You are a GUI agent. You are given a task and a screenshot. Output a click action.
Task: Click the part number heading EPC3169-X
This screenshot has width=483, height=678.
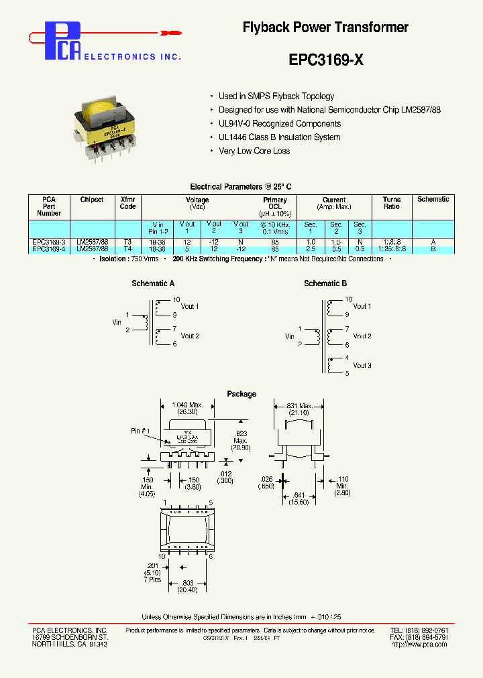(326, 60)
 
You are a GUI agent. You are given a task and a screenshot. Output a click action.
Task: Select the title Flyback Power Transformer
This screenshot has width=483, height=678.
(325, 27)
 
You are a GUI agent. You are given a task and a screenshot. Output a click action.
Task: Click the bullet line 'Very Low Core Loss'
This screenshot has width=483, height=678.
(254, 151)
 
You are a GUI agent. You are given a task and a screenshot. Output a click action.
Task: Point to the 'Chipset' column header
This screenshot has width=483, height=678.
(91, 200)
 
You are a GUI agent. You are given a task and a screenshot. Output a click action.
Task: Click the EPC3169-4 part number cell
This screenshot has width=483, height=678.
(49, 249)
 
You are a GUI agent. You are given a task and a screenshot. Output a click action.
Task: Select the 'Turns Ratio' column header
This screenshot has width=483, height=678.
(392, 203)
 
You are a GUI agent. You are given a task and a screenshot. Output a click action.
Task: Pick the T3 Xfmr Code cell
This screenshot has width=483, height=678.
(127, 242)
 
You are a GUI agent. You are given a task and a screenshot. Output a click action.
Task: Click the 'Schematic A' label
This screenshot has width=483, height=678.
(154, 284)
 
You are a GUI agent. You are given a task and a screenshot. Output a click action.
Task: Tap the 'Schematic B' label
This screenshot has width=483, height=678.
(325, 284)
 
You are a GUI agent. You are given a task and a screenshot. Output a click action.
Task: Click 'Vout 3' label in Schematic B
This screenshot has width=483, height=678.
(362, 366)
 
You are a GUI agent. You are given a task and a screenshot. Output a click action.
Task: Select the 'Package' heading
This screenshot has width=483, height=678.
(241, 394)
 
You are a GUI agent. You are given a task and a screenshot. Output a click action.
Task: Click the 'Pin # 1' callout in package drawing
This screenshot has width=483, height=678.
(141, 431)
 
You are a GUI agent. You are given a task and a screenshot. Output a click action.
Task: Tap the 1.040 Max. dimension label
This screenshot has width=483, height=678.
(189, 405)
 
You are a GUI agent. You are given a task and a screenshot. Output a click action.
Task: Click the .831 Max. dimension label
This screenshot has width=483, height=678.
(299, 405)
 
